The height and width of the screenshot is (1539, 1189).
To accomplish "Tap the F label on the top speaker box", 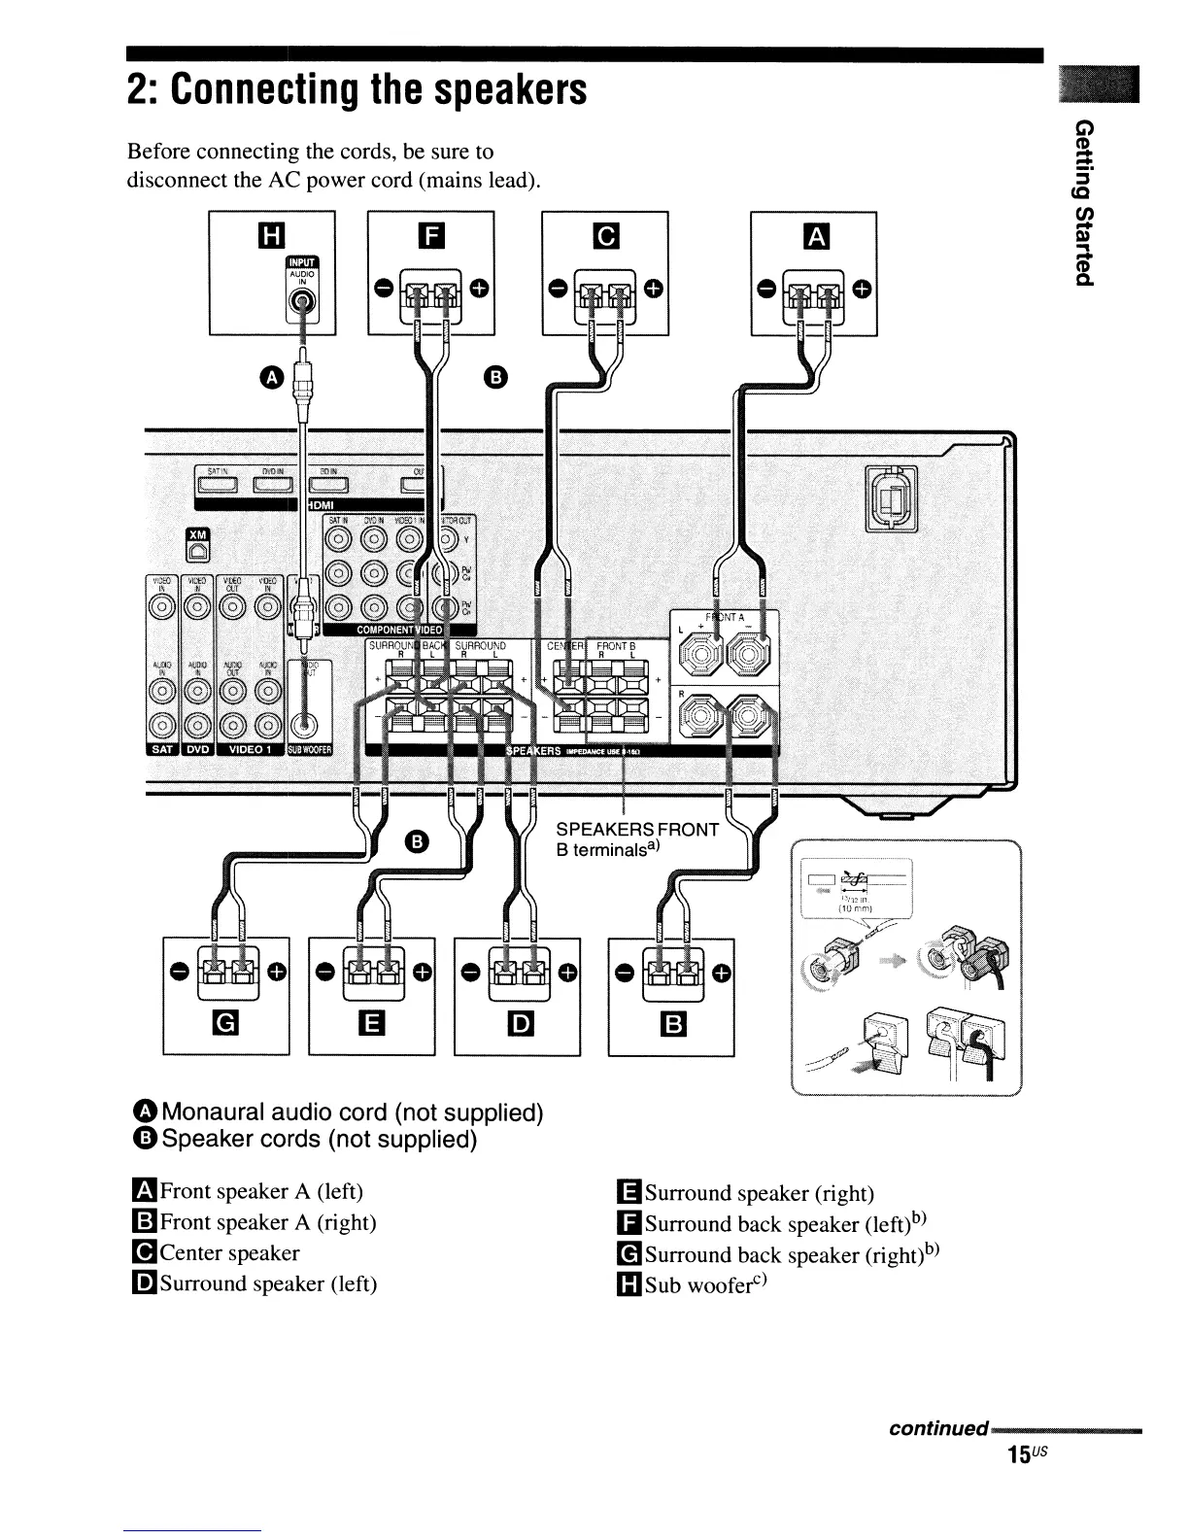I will pos(430,234).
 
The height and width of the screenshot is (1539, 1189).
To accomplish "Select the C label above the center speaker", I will pos(604,234).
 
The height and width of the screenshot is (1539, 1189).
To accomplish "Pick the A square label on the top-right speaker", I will pos(814,234).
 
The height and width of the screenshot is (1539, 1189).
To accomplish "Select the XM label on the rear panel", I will pos(197,535).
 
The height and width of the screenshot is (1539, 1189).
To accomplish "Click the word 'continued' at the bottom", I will pos(937,1430).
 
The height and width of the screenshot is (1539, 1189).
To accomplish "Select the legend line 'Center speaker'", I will pos(219,1253).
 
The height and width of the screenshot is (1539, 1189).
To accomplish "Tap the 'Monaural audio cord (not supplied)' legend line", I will pos(340,1111).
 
